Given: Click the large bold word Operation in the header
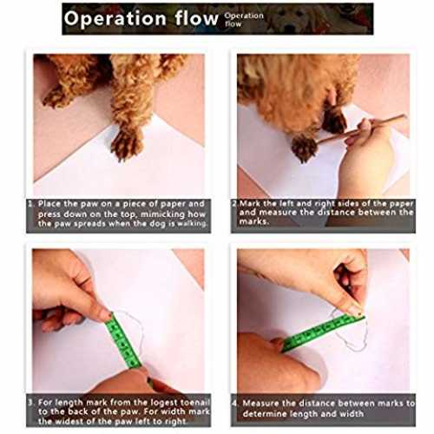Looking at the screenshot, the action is point(115,19).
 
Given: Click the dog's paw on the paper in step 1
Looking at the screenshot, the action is point(127,144).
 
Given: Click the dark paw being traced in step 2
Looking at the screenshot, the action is point(303,148).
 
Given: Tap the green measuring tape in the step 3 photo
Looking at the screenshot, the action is point(123,341).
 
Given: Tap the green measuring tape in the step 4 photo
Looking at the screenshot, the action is point(323,332).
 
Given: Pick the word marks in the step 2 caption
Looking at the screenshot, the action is point(253,222).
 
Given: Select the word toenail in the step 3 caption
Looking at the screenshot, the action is point(194,402).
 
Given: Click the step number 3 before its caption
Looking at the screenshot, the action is point(30,402).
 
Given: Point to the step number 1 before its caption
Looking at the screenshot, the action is point(30,204).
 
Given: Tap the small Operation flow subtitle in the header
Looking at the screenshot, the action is point(244,19).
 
